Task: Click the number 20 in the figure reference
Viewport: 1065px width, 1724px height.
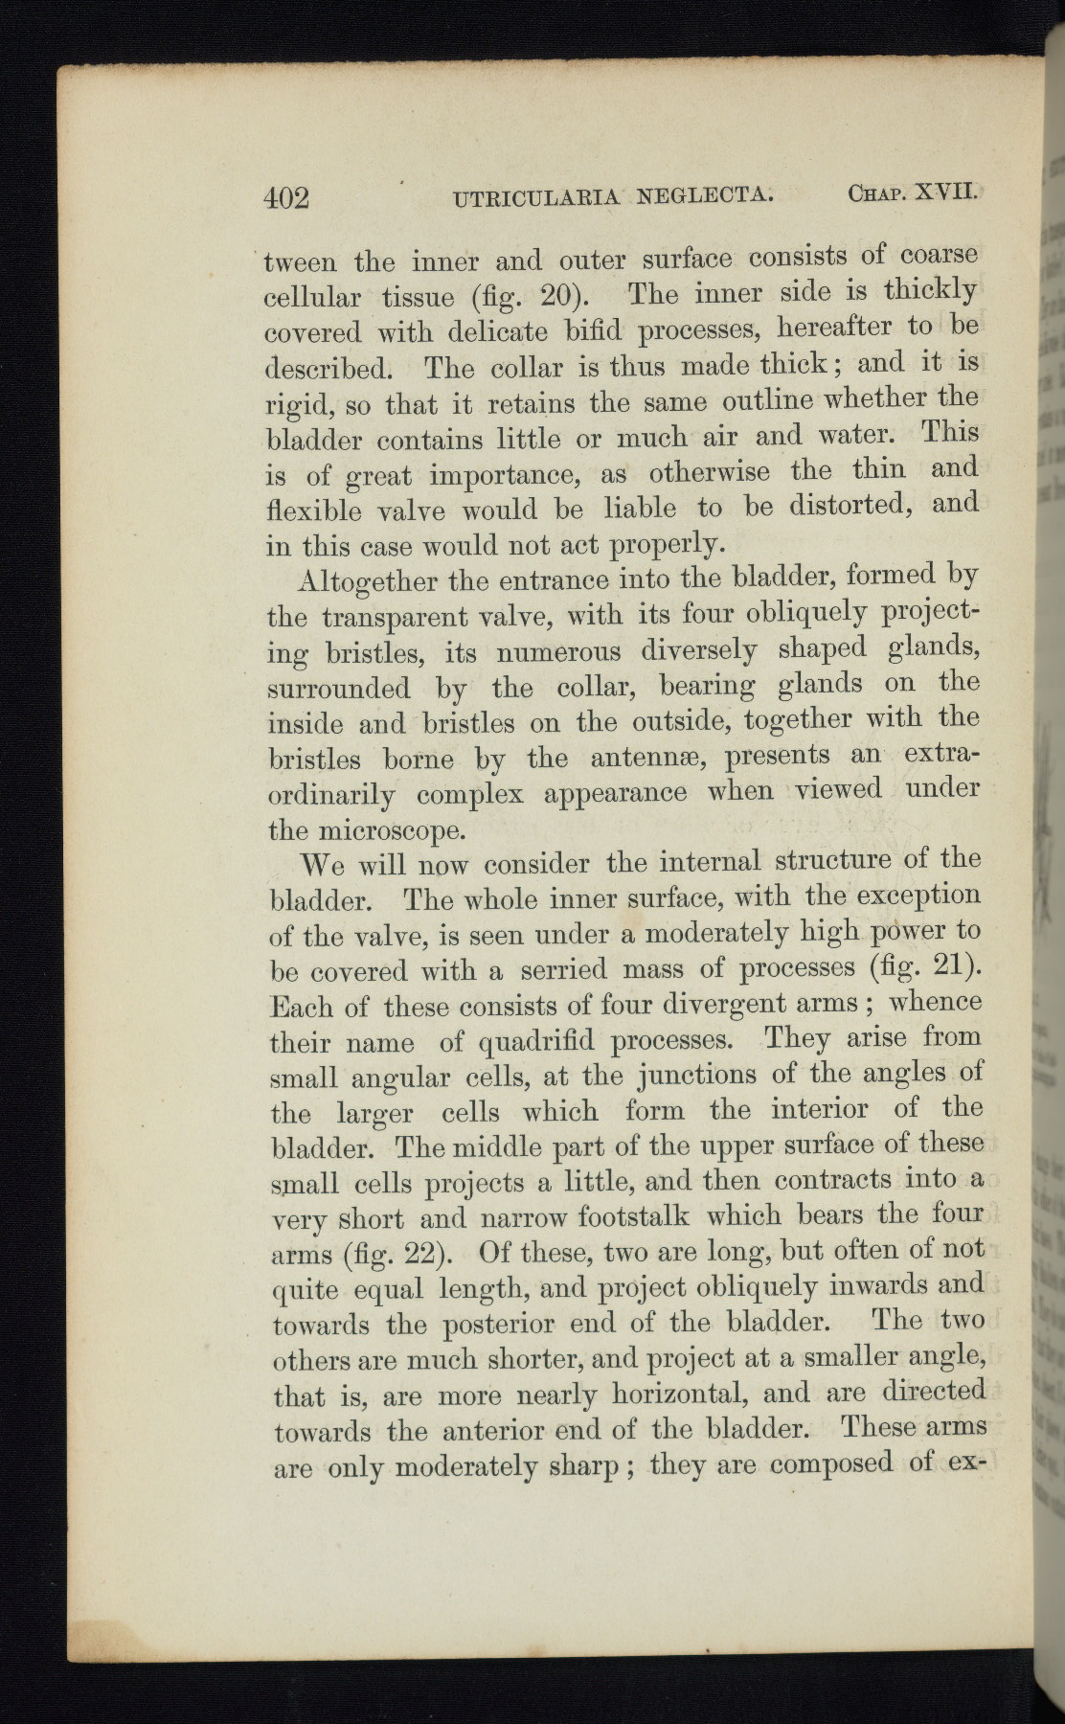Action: click(x=555, y=296)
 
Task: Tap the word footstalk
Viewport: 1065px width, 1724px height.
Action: click(x=634, y=1217)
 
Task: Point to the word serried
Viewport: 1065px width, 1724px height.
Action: click(x=563, y=969)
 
